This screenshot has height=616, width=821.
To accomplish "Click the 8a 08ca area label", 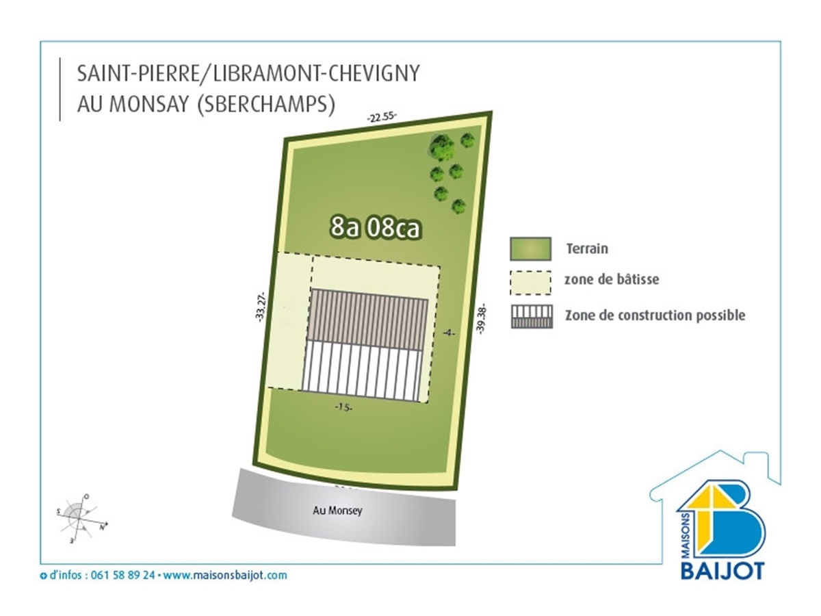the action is pos(375,228).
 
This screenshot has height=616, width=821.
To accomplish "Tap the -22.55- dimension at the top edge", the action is pos(382,117).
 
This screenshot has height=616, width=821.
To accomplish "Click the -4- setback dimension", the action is pos(449,332).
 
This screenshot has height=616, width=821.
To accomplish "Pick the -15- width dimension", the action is pos(343,407).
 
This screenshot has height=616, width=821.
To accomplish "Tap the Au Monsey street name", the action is pos(337,511).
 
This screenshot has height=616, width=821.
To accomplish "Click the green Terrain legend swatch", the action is pos(530,248).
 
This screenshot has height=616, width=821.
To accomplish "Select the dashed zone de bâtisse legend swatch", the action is pos(530,283).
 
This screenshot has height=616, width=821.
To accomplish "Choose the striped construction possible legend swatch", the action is pos(532,317).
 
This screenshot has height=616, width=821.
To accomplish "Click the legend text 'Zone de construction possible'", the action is pos(655,316).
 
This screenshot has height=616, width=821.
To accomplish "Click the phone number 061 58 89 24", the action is pos(122,575).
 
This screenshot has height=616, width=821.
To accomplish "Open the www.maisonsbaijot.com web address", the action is pos(225,575).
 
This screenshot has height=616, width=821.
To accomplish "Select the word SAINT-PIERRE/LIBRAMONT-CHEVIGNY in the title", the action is pos(248,73).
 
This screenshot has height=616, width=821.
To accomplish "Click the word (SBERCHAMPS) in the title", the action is pos(265,104).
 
